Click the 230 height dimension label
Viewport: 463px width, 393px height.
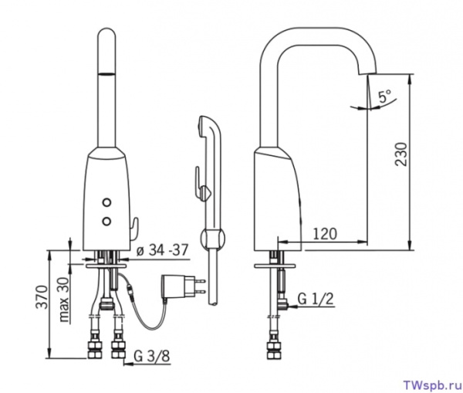[401, 154]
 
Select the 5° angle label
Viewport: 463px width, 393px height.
[385, 96]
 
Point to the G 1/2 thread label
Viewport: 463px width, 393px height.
[316, 299]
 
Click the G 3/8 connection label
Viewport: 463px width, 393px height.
[152, 356]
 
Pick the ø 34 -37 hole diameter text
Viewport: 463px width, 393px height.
[162, 251]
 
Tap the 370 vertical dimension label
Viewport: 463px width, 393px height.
[42, 296]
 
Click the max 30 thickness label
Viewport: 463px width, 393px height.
[64, 299]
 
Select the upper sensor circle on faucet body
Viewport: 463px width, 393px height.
[106, 202]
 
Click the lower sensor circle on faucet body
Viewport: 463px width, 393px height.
[106, 220]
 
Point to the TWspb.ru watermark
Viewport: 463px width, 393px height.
[431, 385]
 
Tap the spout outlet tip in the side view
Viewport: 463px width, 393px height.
[367, 72]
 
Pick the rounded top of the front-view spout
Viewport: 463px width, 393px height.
[106, 33]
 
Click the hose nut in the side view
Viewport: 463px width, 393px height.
[275, 351]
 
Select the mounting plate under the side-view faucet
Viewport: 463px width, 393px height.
[275, 266]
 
